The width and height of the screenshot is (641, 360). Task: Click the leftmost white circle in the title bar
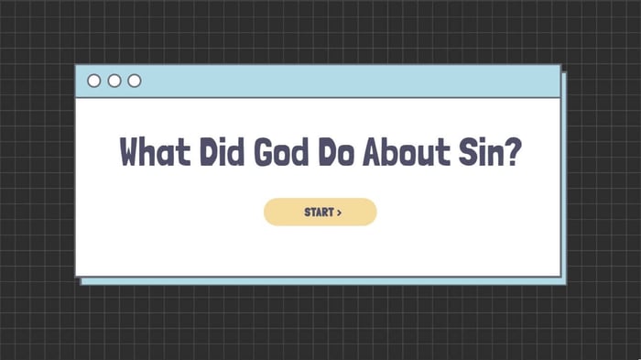(94, 81)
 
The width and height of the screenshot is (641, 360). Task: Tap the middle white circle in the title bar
(114, 81)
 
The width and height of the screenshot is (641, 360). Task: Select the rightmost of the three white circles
(135, 81)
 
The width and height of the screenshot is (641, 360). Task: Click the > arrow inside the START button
(339, 213)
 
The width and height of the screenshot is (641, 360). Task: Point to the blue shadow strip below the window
(320, 280)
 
